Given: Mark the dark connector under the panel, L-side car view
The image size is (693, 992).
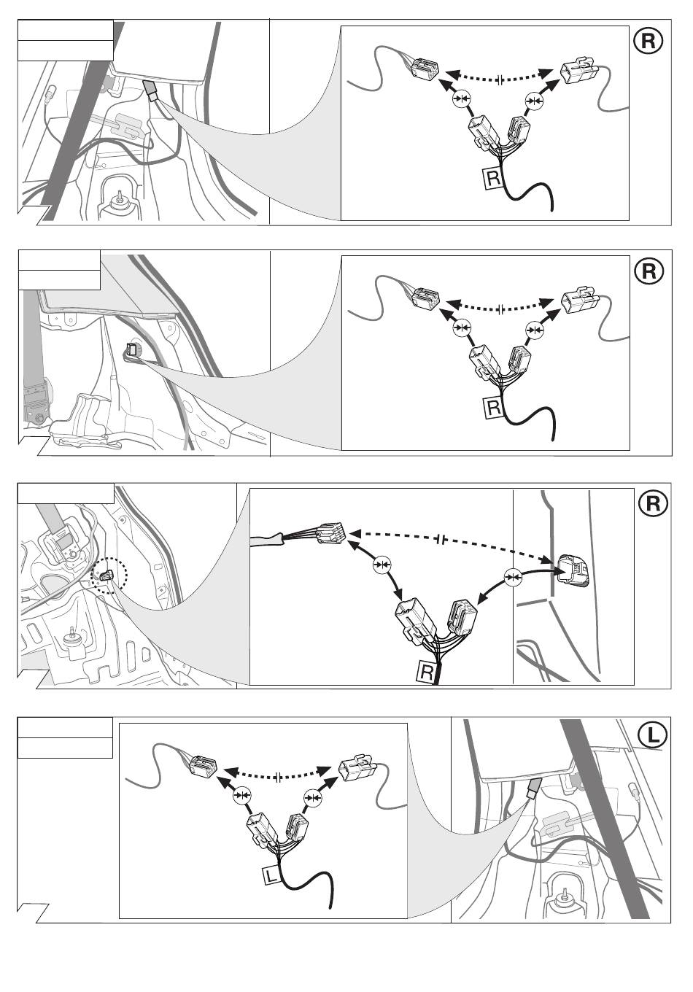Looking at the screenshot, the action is [533, 788].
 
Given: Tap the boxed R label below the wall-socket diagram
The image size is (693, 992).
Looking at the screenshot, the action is [425, 672].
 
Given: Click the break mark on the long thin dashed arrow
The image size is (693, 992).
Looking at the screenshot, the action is [441, 540].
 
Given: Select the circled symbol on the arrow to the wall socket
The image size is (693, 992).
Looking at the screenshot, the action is [515, 578].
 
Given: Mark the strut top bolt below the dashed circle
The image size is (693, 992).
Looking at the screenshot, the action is [71, 635].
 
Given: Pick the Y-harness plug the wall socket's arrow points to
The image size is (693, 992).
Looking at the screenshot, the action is [463, 616].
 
